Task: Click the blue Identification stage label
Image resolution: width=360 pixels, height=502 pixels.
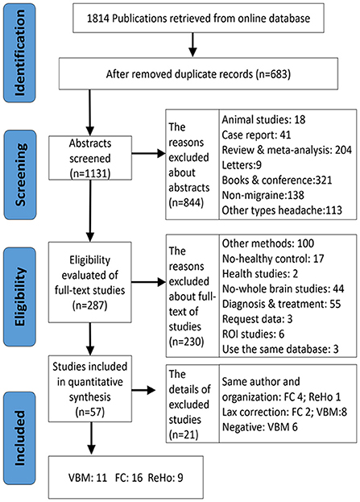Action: pyautogui.click(x=19, y=53)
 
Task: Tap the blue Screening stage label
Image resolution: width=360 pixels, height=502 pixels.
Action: pyautogui.click(x=20, y=175)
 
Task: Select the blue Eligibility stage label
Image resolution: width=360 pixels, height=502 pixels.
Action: pyautogui.click(x=19, y=297)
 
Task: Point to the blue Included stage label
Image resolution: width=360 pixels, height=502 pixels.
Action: pyautogui.click(x=19, y=438)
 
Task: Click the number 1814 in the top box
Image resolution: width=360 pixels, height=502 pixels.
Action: pyautogui.click(x=98, y=19)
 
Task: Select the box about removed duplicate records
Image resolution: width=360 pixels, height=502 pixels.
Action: pyautogui.click(x=198, y=73)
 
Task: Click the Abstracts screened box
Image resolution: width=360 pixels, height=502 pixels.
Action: pyautogui.click(x=90, y=158)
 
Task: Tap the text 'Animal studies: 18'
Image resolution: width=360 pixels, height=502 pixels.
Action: pyautogui.click(x=263, y=120)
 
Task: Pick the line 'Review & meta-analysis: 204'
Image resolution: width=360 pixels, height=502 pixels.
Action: pyautogui.click(x=287, y=150)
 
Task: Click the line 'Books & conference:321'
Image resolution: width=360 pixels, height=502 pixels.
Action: pyautogui.click(x=277, y=180)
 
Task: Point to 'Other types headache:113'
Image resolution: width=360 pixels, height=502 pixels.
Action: pyautogui.click(x=282, y=210)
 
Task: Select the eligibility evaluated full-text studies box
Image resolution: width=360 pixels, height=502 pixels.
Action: pyautogui.click(x=90, y=282)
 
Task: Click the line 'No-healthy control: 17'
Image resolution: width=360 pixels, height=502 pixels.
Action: pyautogui.click(x=273, y=259)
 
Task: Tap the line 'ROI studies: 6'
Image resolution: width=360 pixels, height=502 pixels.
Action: pyautogui.click(x=253, y=334)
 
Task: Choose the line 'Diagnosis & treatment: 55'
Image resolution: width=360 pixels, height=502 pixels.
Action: pyautogui.click(x=282, y=304)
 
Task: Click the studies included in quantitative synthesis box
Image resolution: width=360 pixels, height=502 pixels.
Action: pyautogui.click(x=90, y=388)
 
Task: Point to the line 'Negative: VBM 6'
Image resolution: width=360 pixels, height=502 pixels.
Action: pyautogui.click(x=260, y=427)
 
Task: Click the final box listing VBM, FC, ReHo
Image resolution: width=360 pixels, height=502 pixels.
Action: pyautogui.click(x=126, y=478)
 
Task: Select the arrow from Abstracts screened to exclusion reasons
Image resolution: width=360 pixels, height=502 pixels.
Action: pyautogui.click(x=148, y=154)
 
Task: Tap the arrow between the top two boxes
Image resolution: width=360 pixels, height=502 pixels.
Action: pyautogui.click(x=192, y=45)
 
